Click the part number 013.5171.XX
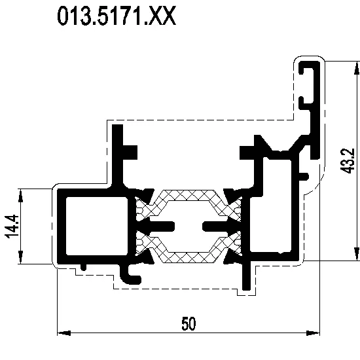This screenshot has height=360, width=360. click(117, 16)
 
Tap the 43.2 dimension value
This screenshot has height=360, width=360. click(347, 161)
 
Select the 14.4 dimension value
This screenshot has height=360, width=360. click(12, 226)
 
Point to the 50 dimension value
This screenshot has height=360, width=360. click(189, 323)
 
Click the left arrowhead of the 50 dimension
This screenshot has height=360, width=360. click(64, 333)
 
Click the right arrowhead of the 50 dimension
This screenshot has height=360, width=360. click(313, 333)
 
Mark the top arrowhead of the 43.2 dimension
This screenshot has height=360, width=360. click(357, 68)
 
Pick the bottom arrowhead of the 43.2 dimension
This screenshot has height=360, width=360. click(357, 254)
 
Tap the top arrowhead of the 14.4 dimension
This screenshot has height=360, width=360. click(21, 196)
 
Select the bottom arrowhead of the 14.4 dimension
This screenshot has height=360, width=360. click(21, 257)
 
